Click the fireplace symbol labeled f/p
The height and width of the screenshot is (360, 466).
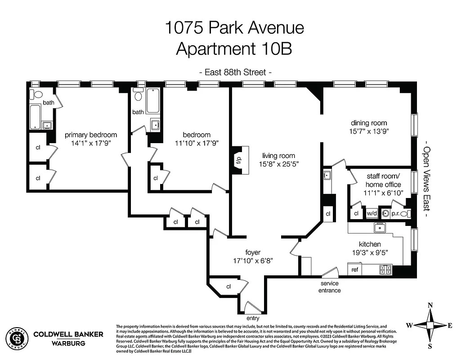tap(238, 160)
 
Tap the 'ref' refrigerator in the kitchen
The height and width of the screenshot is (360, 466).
tap(355, 270)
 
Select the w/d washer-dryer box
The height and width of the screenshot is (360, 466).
tap(372, 214)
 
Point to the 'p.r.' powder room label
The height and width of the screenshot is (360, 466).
tap(395, 214)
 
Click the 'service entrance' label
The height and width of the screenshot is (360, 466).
tap(329, 287)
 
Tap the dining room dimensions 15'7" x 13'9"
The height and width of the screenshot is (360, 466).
tap(369, 131)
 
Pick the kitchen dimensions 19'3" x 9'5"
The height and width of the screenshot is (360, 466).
tap(370, 253)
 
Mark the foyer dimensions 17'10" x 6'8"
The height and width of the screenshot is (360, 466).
tap(253, 261)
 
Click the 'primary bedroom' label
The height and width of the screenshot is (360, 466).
tap(90, 135)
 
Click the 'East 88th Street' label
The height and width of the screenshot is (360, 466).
tap(235, 72)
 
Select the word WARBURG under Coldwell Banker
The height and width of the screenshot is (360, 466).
tap(68, 343)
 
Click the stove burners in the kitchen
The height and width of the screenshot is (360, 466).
tap(385, 270)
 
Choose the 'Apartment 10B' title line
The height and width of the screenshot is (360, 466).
tap(234, 49)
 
